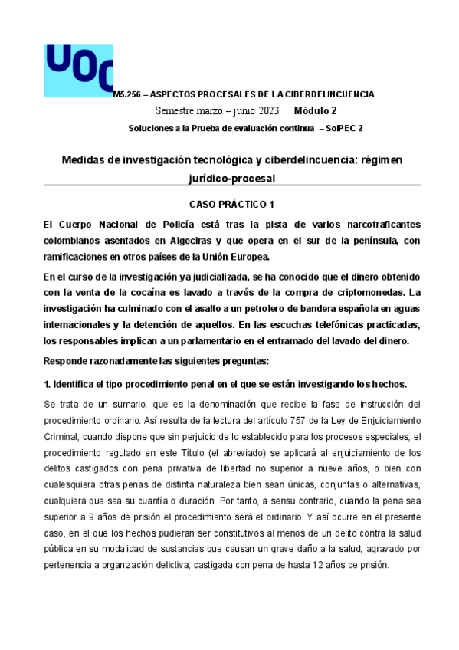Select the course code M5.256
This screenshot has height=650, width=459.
coord(126,94)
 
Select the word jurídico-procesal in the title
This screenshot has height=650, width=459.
coord(231,178)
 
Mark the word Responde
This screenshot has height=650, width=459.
coord(67,348)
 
